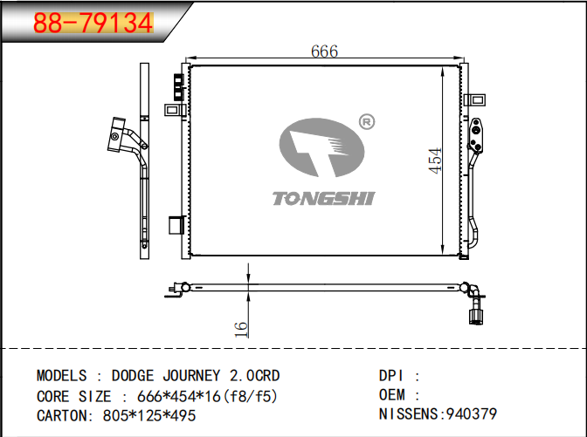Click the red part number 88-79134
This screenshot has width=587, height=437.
pyautogui.click(x=93, y=23)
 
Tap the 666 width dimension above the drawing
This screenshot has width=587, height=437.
pyautogui.click(x=324, y=51)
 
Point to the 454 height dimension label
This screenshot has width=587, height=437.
pyautogui.click(x=435, y=160)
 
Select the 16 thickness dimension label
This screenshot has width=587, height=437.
pyautogui.click(x=241, y=329)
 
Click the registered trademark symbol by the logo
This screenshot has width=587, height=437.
pyautogui.click(x=367, y=122)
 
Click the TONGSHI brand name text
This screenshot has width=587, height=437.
pyautogui.click(x=323, y=199)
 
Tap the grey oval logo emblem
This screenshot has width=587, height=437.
pyautogui.click(x=321, y=147)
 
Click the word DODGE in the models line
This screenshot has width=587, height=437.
pyautogui.click(x=133, y=376)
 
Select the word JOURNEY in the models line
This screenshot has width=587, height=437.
pyautogui.click(x=191, y=376)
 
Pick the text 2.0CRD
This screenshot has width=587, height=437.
pyautogui.click(x=254, y=376)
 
